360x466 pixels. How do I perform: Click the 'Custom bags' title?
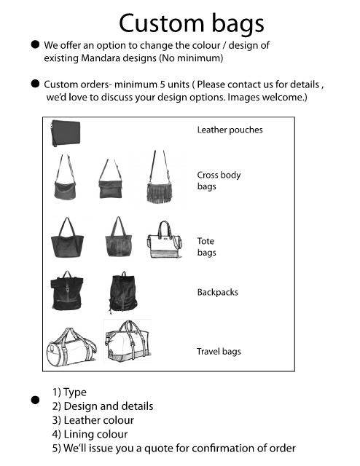point(192,24)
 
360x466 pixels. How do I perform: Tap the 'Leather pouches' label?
point(230,130)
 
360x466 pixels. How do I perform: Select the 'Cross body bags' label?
point(219,181)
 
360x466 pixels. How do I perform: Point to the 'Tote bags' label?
point(206,247)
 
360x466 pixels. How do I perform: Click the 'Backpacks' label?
point(217,292)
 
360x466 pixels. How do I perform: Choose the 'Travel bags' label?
point(219,352)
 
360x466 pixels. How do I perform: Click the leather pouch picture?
point(66,133)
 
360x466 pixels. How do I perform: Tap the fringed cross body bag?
point(160,178)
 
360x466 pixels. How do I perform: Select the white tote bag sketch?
point(165,240)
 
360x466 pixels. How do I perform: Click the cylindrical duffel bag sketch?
point(71,347)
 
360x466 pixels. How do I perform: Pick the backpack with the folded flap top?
point(66,291)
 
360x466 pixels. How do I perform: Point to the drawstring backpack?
point(123,292)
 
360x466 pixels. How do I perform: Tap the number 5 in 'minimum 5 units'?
point(163,84)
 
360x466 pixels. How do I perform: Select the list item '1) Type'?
point(69,392)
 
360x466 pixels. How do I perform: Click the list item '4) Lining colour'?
point(90,434)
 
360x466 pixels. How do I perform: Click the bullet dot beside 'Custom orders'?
point(35,84)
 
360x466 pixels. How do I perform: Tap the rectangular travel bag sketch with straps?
point(128,341)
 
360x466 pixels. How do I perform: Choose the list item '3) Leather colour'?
point(93,420)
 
